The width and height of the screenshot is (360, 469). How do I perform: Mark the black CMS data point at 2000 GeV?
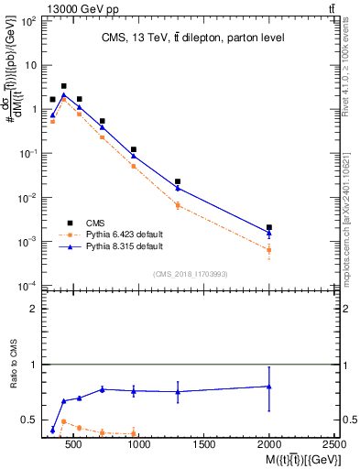(x=268, y=227)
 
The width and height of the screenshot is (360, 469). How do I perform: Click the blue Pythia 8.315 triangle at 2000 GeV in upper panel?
(x=268, y=234)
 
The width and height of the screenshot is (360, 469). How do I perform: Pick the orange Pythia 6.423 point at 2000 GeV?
(x=268, y=250)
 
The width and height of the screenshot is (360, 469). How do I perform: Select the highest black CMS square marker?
(x=63, y=86)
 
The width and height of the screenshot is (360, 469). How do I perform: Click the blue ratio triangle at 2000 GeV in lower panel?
(x=268, y=387)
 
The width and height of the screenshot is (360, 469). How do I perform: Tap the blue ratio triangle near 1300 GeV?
(x=178, y=392)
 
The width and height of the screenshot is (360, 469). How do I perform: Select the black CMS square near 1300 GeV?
(x=178, y=181)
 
